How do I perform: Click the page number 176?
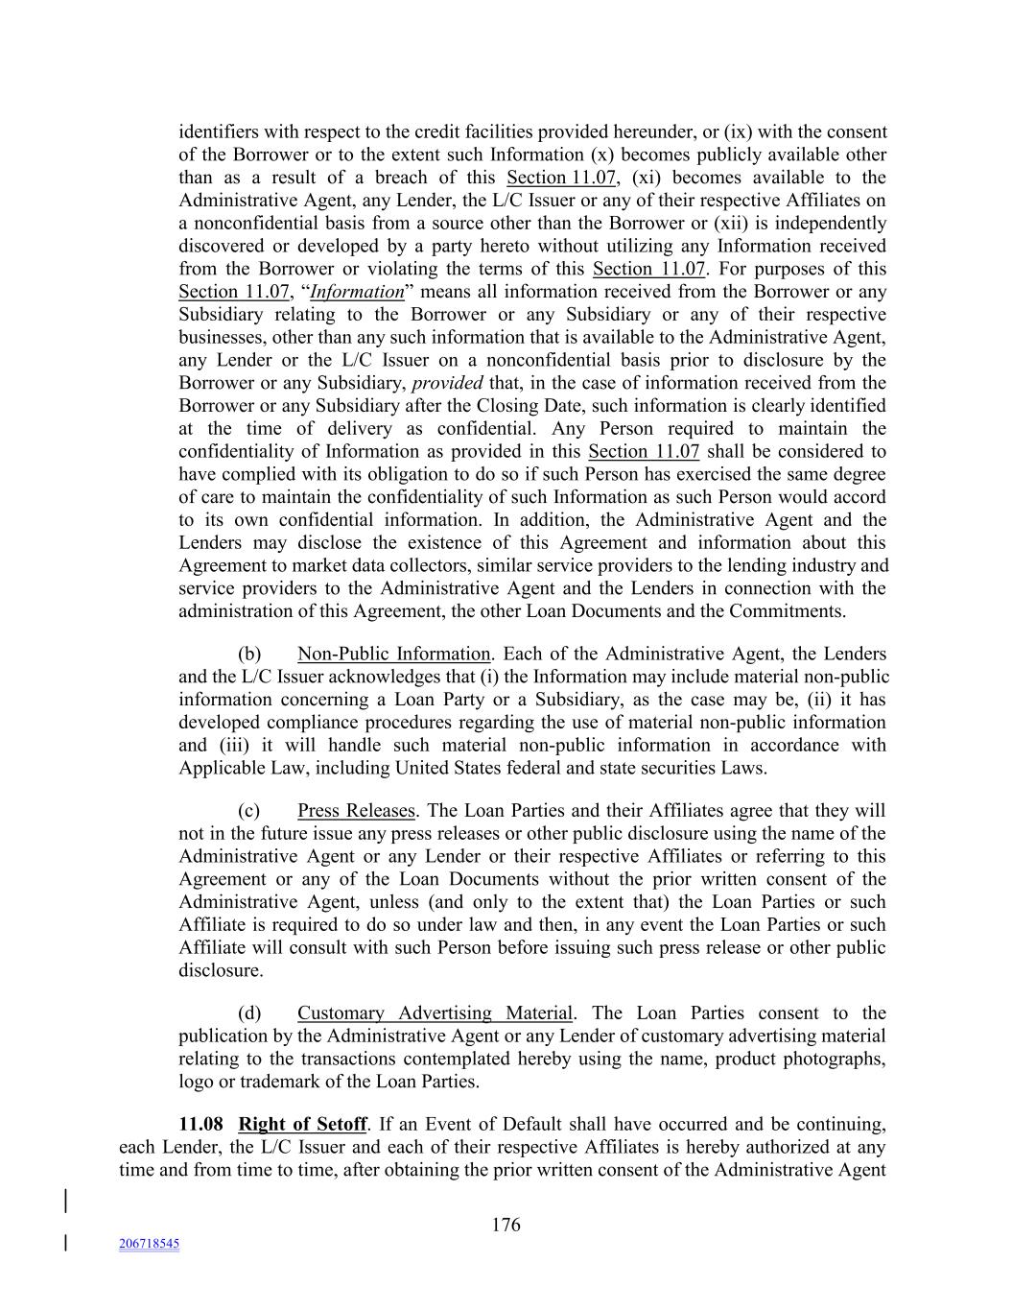coord(506,1225)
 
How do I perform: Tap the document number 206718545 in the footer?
coord(149,1244)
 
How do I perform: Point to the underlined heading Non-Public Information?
coord(393,654)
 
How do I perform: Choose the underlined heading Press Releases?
coord(356,811)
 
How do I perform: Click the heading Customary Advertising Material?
coord(435,1012)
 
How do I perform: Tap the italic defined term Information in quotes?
coord(357,292)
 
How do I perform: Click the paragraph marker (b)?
coord(249,654)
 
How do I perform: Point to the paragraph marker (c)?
coord(249,811)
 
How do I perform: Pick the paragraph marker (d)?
coord(249,1012)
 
